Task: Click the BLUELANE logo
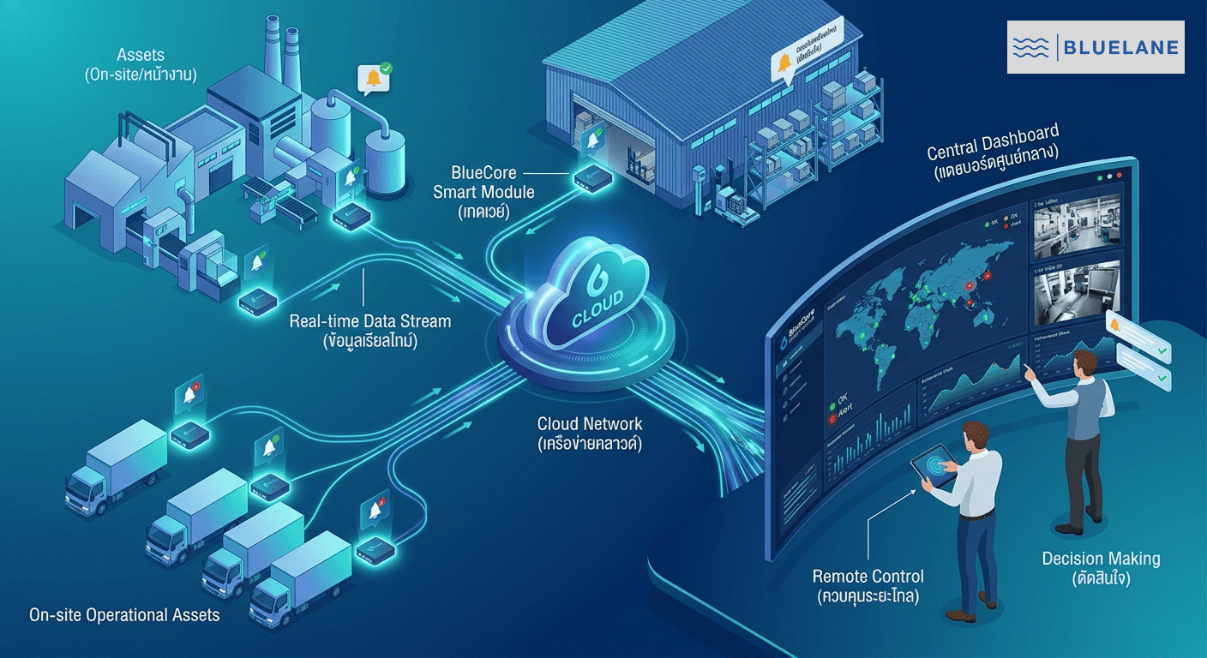[1095, 47]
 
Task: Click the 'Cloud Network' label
[590, 434]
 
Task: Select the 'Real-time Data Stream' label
[369, 331]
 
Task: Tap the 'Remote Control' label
[868, 586]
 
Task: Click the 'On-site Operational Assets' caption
[124, 615]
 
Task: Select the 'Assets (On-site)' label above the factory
[141, 65]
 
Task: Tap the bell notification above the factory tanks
[374, 79]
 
